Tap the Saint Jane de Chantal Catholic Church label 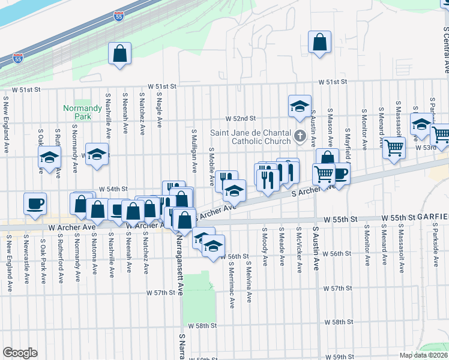pos(251,138)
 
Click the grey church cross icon pos(301,134)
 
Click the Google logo pos(20,353)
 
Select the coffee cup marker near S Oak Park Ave pos(35,203)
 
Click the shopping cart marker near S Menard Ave pos(394,147)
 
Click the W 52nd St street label pos(241,119)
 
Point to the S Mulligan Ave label pos(194,149)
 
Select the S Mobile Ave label pos(211,166)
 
